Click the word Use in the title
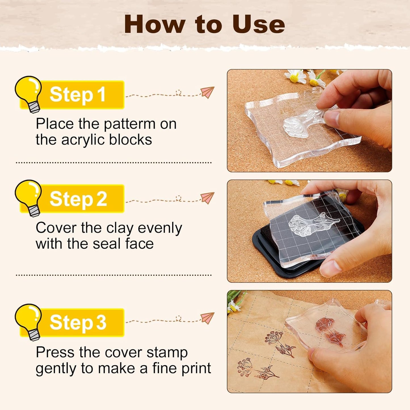(x=258, y=24)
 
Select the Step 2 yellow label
(x=78, y=199)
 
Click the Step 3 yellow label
(x=78, y=322)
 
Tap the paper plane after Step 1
(x=207, y=92)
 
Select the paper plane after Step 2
(x=207, y=198)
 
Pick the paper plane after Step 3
(x=207, y=318)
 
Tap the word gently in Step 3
(x=56, y=369)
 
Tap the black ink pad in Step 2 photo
(x=272, y=255)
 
